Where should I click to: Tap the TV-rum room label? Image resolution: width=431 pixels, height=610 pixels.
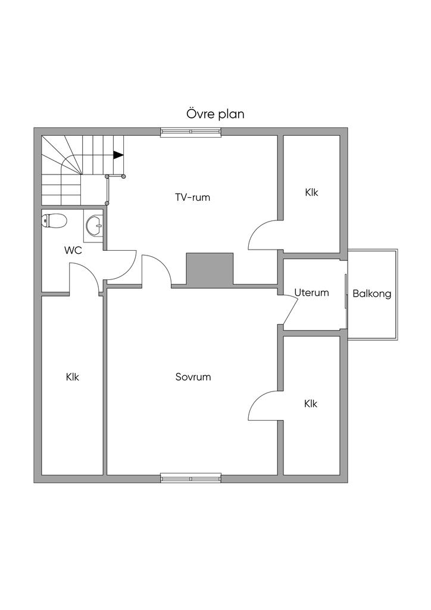[192, 197]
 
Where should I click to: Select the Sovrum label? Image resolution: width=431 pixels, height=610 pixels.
[193, 377]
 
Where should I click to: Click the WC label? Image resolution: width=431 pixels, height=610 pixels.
[73, 250]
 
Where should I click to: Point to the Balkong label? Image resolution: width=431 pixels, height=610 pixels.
[371, 294]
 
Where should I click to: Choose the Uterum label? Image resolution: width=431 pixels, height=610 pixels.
[311, 292]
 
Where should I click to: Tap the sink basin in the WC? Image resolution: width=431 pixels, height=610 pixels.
[94, 225]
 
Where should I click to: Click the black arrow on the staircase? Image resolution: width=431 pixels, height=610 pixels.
[118, 155]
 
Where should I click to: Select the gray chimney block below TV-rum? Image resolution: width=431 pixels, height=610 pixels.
[210, 269]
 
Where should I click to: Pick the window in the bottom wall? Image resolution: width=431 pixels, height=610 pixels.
[190, 477]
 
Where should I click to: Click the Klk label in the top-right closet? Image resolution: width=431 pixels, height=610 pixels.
[311, 192]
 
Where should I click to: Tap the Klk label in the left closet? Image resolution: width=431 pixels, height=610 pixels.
[73, 377]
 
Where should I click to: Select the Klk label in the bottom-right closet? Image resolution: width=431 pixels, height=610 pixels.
[311, 403]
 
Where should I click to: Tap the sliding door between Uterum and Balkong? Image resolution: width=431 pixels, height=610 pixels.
[346, 291]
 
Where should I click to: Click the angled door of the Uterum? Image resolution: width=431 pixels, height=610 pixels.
[291, 311]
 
